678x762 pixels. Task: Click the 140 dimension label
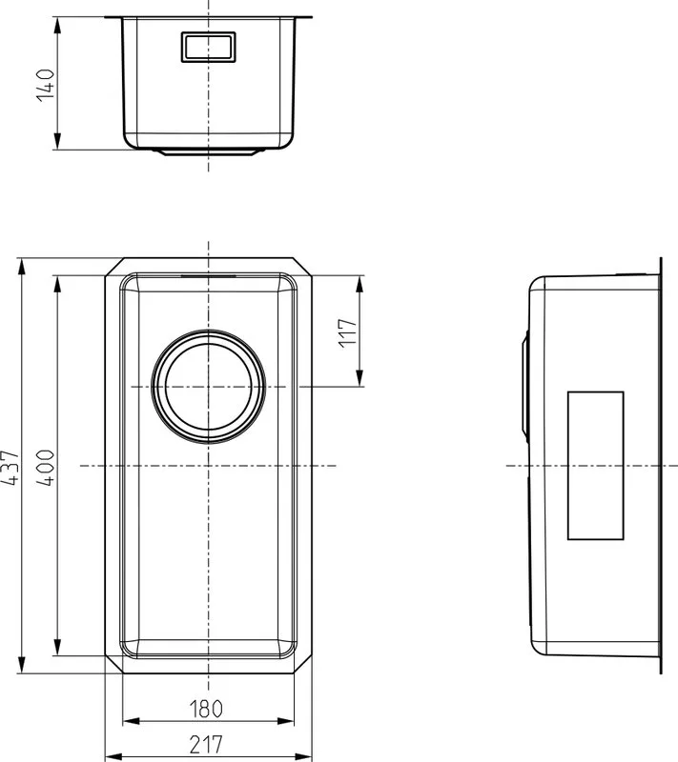[46, 85]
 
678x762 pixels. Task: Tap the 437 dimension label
[10, 468]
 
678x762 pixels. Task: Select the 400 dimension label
[46, 468]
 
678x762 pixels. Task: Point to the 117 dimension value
[348, 333]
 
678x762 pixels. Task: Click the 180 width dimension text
[206, 709]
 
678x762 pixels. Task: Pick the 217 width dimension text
[206, 745]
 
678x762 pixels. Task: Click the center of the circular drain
[209, 387]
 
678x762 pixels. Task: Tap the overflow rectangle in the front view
[208, 47]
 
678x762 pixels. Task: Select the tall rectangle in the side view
[595, 466]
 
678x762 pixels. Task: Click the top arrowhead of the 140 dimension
[57, 26]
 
